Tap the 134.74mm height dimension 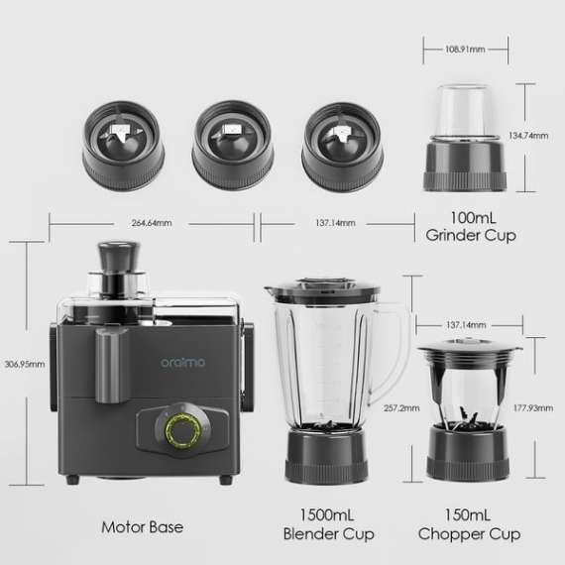pos(527,135)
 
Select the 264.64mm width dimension pos(151,223)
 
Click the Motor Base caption pos(142,526)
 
